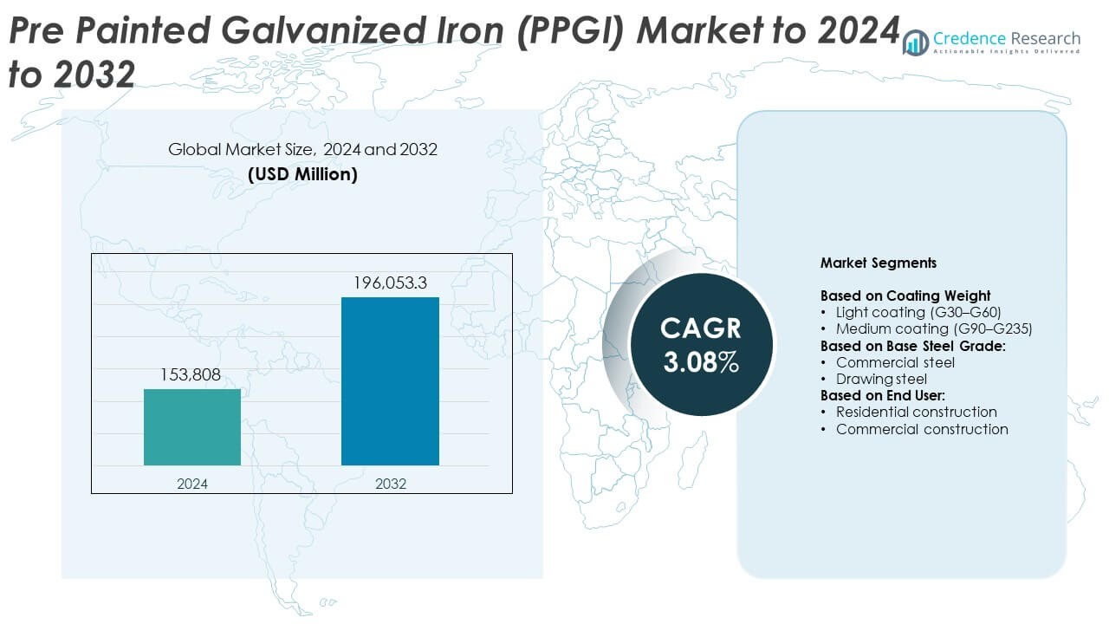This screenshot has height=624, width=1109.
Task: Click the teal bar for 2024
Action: tap(192, 426)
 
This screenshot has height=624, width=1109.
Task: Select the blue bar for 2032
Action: tap(390, 381)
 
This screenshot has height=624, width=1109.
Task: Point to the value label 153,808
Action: tap(192, 374)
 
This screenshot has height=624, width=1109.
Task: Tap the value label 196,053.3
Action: tap(390, 283)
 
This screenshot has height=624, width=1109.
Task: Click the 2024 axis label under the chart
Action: tap(192, 484)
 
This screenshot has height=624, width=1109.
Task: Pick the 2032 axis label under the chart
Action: tap(390, 484)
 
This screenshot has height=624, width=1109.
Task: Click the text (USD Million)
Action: tap(302, 173)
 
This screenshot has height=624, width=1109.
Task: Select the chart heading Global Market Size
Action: tap(302, 150)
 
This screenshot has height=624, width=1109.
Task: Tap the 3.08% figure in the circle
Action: tap(701, 361)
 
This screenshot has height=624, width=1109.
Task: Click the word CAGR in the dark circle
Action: tap(701, 328)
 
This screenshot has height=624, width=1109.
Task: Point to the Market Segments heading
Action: tap(878, 263)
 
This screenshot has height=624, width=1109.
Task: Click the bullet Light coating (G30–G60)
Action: tap(918, 312)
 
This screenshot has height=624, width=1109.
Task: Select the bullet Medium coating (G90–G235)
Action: tap(934, 328)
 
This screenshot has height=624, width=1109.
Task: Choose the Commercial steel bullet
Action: tap(895, 362)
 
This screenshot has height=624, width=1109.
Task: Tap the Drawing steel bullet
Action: tap(881, 379)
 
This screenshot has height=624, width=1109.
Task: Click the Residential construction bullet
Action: tap(916, 412)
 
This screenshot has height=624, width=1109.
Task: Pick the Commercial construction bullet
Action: tap(922, 429)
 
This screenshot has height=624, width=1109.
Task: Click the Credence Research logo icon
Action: tap(915, 42)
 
